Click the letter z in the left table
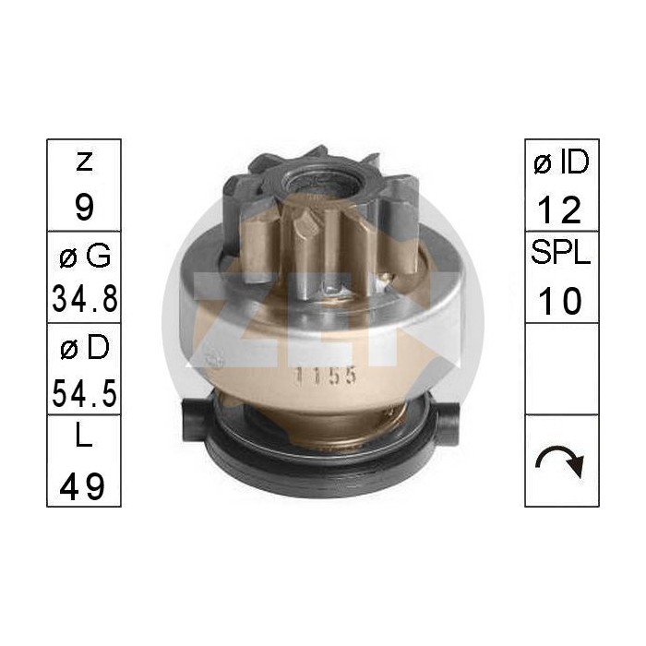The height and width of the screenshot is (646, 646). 84,163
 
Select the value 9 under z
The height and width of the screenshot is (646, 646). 84,207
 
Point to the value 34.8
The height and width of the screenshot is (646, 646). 84,299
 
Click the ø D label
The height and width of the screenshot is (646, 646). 84,348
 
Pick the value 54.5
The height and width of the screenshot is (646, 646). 84,391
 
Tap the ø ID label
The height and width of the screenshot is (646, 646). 561,163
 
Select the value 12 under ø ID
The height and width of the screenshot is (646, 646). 561,209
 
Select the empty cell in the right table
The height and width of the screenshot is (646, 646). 561,368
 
